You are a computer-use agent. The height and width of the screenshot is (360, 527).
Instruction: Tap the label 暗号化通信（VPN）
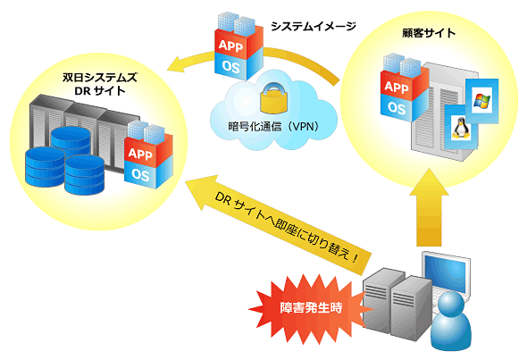273,127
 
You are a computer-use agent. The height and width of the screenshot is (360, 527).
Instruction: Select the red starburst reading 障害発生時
311,307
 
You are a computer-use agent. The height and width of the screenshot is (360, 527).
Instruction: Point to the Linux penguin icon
461,128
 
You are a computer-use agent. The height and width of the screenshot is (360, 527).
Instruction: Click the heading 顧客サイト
429,33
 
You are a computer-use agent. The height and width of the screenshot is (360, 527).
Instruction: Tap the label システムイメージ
313,26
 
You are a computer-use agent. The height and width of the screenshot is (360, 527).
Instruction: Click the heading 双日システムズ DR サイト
99,84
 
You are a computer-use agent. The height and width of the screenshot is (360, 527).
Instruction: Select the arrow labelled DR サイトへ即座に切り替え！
278,224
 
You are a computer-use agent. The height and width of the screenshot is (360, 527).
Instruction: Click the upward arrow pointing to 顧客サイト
429,208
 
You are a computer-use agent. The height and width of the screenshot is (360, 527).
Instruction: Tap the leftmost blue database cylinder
45,167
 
